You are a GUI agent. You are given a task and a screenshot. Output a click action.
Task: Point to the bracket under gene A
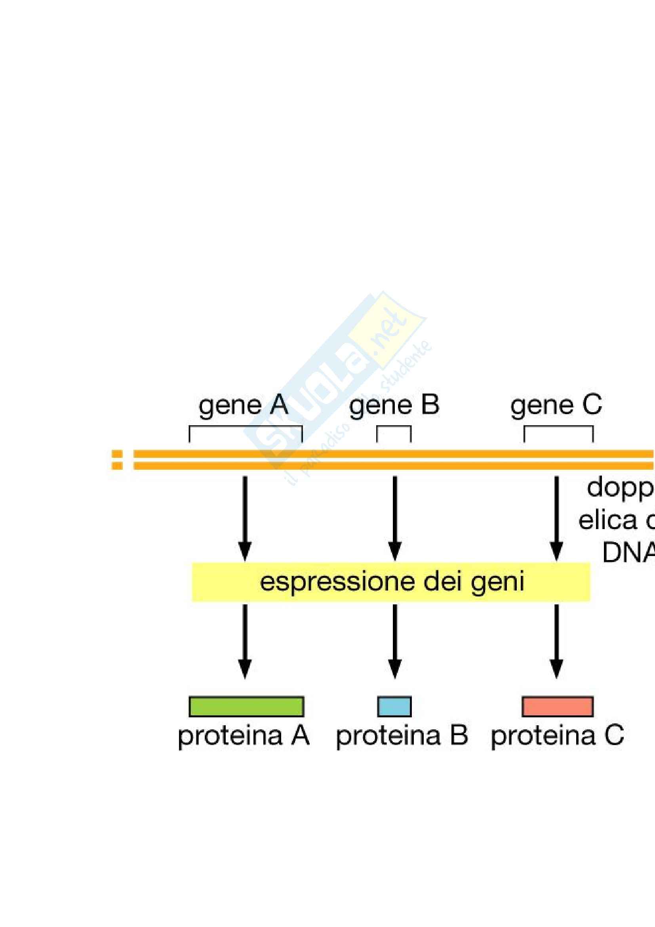pyautogui.click(x=246, y=427)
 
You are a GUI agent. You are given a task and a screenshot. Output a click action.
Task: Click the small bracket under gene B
pyautogui.click(x=394, y=427)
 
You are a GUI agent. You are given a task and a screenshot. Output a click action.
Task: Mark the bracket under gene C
pyautogui.click(x=558, y=427)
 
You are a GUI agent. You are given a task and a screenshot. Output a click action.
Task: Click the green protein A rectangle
pyautogui.click(x=246, y=707)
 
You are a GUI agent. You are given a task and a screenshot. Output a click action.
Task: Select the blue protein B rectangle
pyautogui.click(x=394, y=707)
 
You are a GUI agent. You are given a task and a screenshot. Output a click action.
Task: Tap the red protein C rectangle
pyautogui.click(x=558, y=707)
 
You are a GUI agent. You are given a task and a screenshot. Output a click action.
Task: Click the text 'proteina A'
pyautogui.click(x=243, y=736)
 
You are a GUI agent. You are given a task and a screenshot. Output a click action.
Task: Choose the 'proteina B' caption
pyautogui.click(x=402, y=736)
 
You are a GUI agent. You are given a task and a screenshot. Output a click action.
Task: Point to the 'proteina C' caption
pyautogui.click(x=557, y=736)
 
